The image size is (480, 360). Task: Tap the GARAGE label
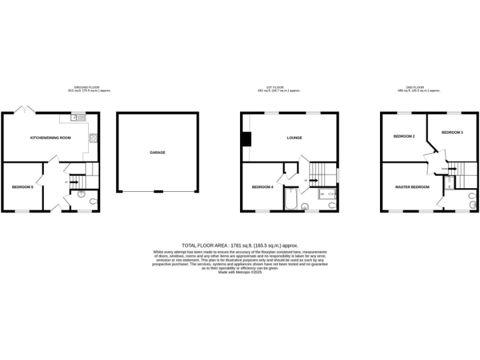coord(157,152)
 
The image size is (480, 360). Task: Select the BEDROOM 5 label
coord(22,187)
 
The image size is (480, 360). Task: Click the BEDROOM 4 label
coord(262,187)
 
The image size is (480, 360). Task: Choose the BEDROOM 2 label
coord(404,136)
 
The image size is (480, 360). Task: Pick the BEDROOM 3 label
coord(452,132)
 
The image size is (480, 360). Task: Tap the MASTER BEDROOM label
coord(412,187)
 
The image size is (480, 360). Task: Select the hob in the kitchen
coord(94,139)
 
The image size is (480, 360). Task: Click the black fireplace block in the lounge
coord(247,138)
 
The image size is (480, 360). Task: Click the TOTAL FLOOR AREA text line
coord(240,246)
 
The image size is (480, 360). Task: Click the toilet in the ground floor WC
coord(93,201)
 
